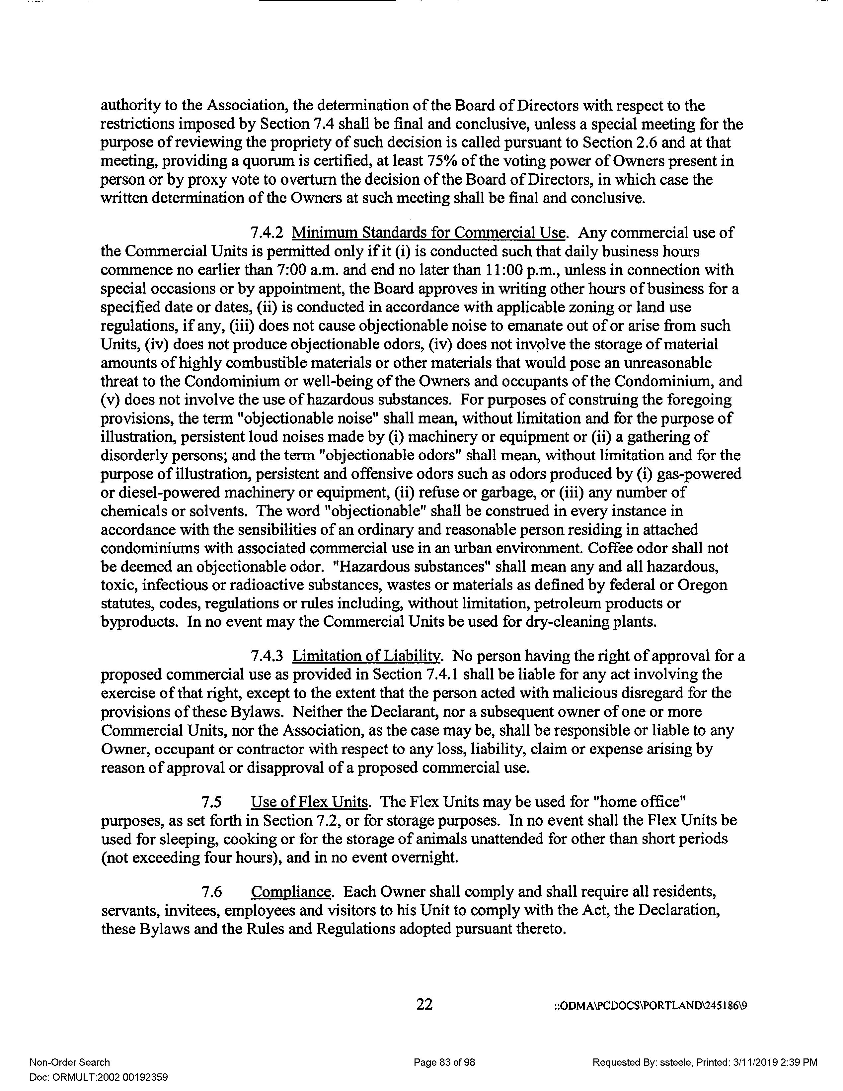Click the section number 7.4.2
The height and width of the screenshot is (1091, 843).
tap(267, 233)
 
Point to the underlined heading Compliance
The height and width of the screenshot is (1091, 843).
tap(291, 892)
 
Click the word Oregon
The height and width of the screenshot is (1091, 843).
tap(701, 585)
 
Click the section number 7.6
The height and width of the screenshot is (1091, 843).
tap(211, 892)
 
